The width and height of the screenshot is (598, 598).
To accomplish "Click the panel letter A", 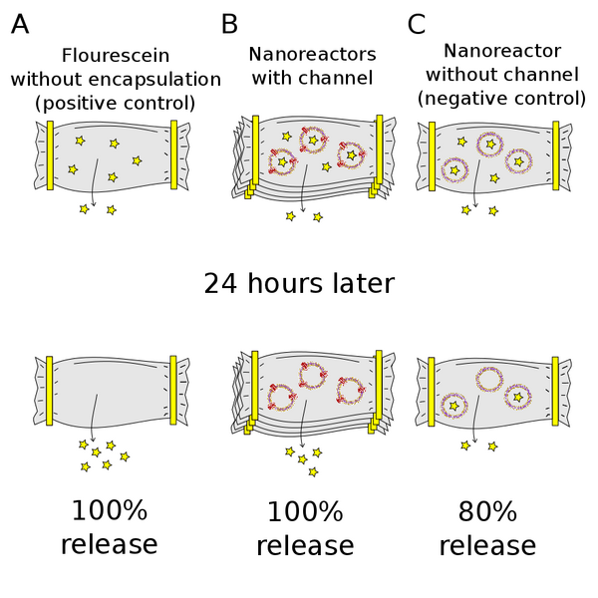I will (x=19, y=23).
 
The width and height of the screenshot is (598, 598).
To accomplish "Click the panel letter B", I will (x=229, y=23).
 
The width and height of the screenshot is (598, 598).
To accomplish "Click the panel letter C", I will (x=418, y=23).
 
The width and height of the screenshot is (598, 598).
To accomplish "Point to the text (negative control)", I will (x=501, y=98).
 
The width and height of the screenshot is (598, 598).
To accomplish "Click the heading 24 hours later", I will (x=299, y=283).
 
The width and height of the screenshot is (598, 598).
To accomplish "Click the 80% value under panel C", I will (x=487, y=512).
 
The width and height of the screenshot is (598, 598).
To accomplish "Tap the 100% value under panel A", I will (x=109, y=512).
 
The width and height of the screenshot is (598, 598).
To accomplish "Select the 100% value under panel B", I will (x=304, y=512).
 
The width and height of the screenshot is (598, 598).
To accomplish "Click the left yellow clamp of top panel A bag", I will (x=50, y=154).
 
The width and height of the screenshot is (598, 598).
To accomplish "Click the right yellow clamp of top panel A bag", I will (x=173, y=153).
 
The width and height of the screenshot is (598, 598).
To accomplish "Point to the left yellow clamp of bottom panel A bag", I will (x=50, y=390).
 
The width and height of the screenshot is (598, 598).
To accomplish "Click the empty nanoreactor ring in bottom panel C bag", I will (x=489, y=379).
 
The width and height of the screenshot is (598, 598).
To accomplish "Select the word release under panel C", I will (x=487, y=546).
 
